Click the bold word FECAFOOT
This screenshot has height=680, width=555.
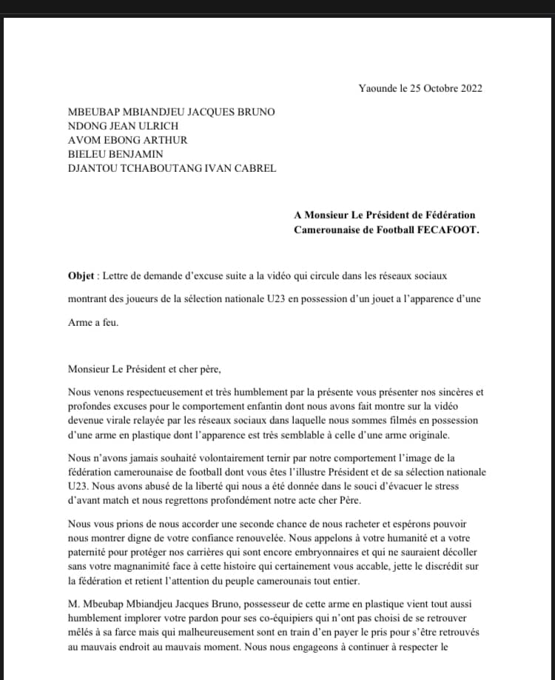[x=451, y=230]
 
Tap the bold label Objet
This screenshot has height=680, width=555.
[x=81, y=276]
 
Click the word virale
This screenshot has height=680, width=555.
[x=115, y=421]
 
